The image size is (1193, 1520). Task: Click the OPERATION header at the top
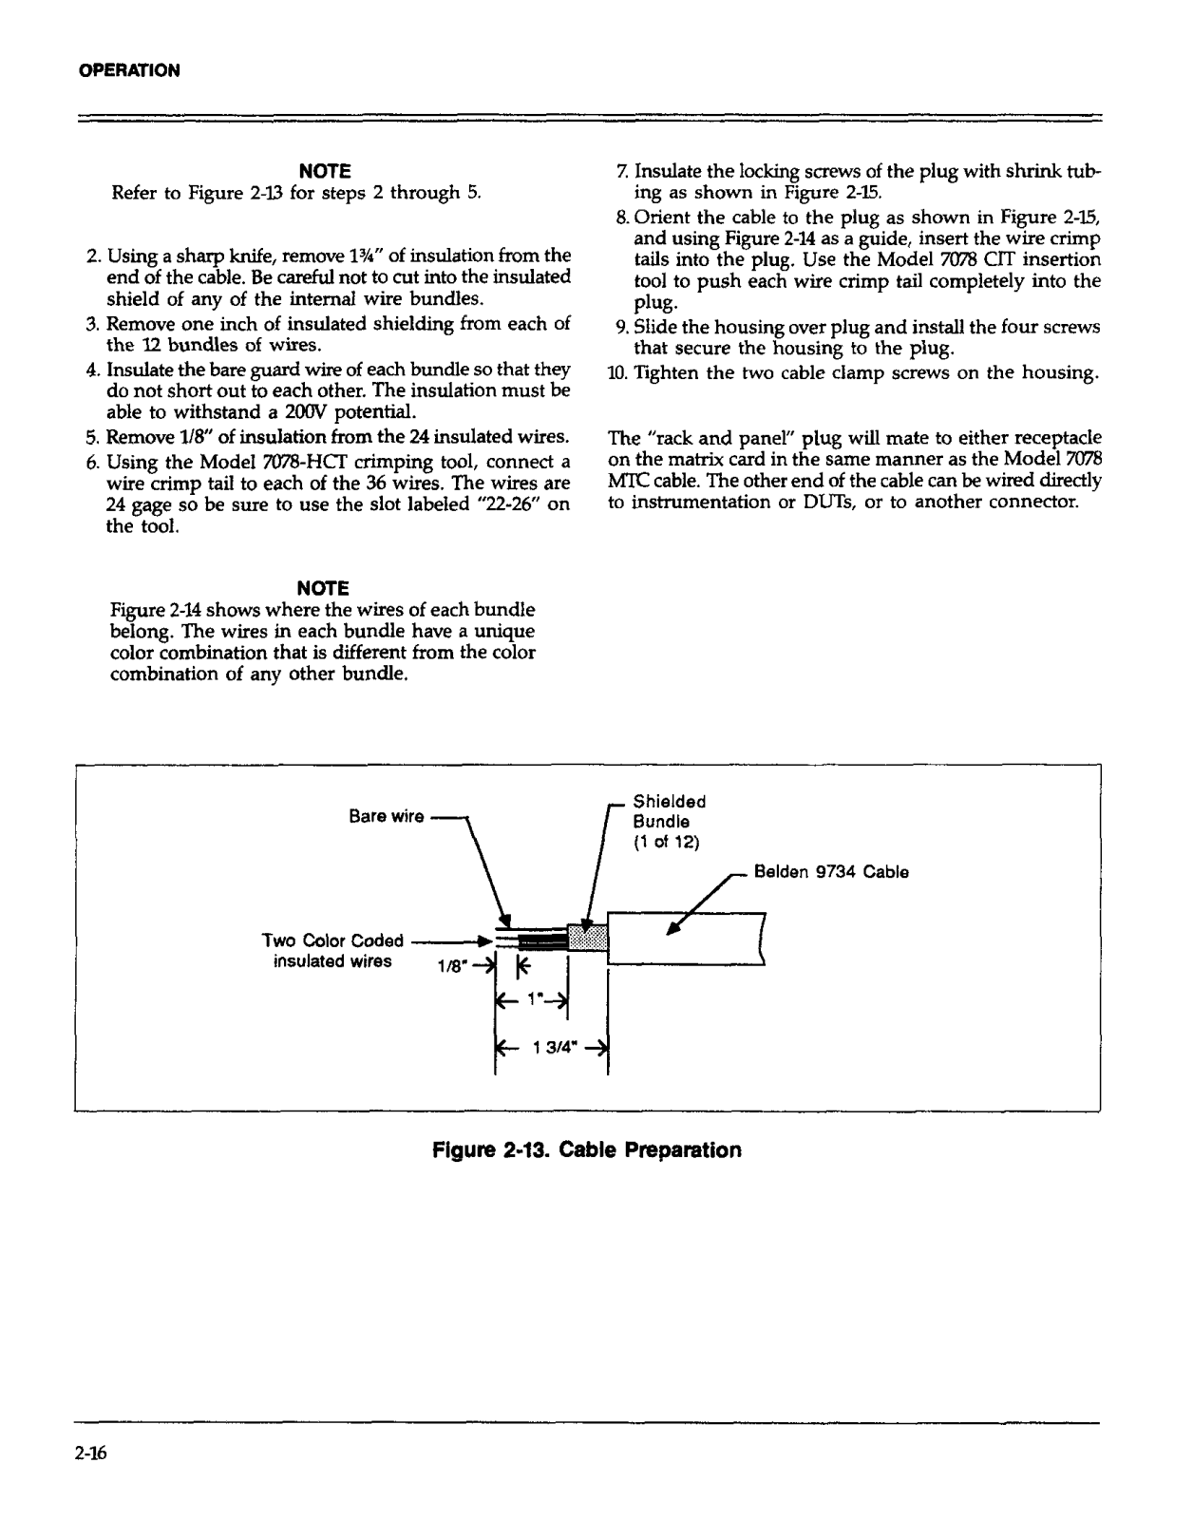[128, 70]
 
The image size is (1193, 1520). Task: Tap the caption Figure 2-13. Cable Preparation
[586, 1149]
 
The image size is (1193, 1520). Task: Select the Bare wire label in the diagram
[386, 817]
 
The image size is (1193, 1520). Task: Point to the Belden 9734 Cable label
[831, 872]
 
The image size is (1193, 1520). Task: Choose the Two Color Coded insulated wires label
[332, 951]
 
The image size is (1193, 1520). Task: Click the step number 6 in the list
[92, 463]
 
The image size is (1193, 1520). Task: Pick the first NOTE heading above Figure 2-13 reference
[325, 171]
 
